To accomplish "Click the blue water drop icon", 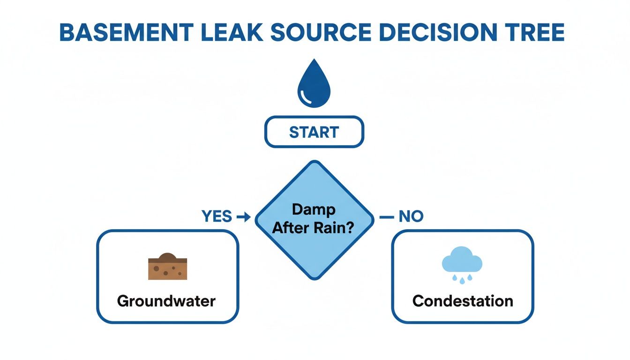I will pyautogui.click(x=314, y=84).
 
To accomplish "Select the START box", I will pyautogui.click(x=314, y=132).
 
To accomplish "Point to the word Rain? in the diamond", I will pyautogui.click(x=338, y=229).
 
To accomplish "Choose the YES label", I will pyautogui.click(x=217, y=216).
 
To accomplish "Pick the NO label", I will pyautogui.click(x=411, y=216).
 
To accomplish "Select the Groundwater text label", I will pyautogui.click(x=166, y=300).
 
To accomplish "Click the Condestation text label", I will pyautogui.click(x=462, y=300).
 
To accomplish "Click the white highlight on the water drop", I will pyautogui.click(x=307, y=97).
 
